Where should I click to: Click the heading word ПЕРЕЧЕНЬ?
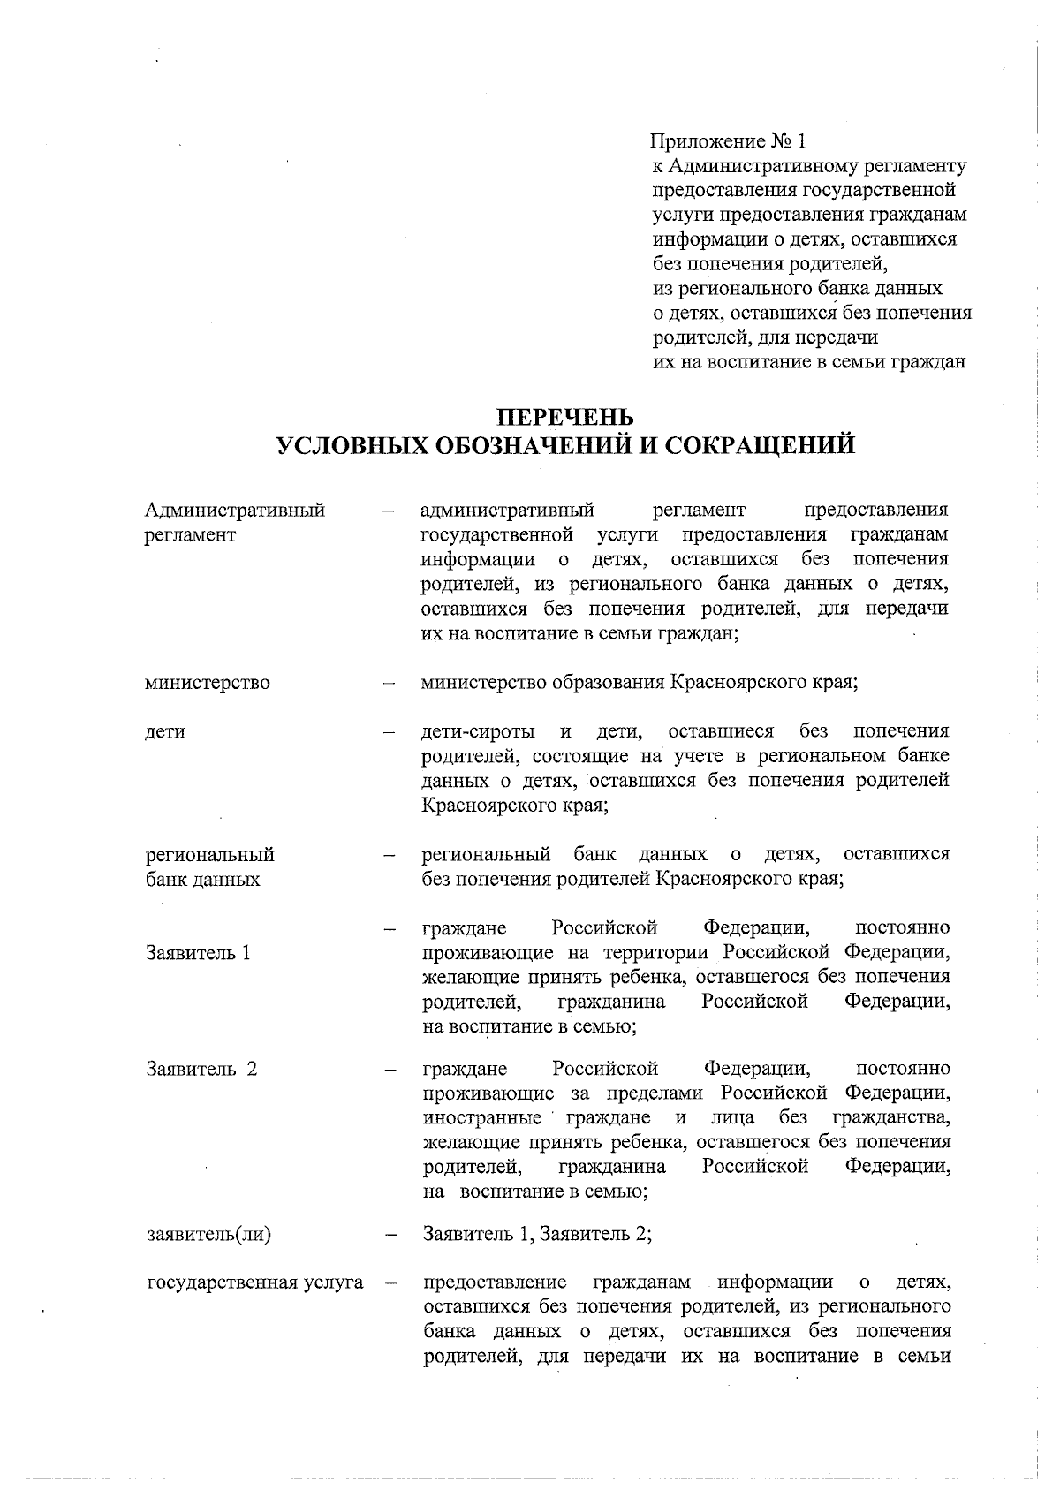tap(565, 415)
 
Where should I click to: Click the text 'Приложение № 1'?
tap(729, 141)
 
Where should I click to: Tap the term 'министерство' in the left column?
tap(208, 683)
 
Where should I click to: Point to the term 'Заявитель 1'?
tap(199, 953)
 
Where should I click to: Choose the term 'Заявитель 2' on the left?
tap(202, 1069)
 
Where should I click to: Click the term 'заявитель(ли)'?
tap(208, 1234)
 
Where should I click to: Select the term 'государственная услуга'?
tap(255, 1282)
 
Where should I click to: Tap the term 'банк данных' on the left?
tap(203, 880)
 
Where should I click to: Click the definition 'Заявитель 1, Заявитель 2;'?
tap(537, 1234)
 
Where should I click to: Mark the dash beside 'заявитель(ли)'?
tap(389, 1235)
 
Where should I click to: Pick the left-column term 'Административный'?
tap(235, 511)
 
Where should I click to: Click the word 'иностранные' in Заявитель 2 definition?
tap(482, 1118)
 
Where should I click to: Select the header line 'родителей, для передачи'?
tap(764, 337)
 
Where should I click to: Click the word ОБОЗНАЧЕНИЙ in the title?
tap(531, 444)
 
